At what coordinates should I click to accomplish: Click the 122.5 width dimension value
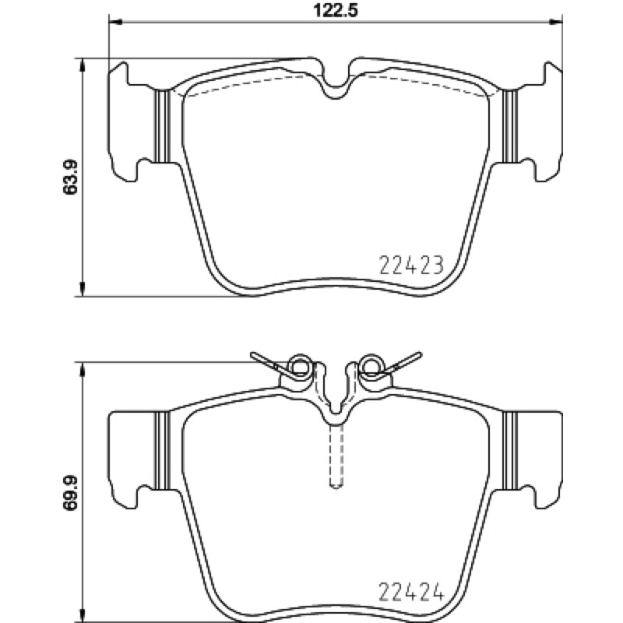[336, 10]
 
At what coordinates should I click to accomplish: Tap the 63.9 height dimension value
[70, 178]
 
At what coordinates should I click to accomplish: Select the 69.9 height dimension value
[70, 495]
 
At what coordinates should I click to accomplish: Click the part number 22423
[411, 265]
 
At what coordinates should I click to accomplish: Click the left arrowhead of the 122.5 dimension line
[115, 23]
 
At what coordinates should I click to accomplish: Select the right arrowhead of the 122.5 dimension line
[556, 23]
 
